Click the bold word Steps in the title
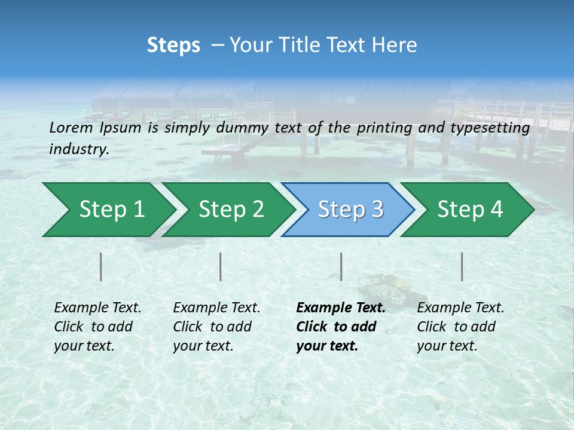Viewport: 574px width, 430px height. coord(173,45)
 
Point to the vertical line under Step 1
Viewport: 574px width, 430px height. coord(101,266)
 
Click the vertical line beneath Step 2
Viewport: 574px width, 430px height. coord(221,266)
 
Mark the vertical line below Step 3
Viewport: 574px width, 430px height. coord(341,266)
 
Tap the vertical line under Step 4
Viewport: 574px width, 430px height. coord(462,266)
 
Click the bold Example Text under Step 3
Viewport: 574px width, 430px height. coord(341,308)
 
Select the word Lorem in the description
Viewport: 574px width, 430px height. coord(71,128)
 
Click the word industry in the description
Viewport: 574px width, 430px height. coord(79,149)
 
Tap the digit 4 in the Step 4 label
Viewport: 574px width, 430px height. coord(497,210)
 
